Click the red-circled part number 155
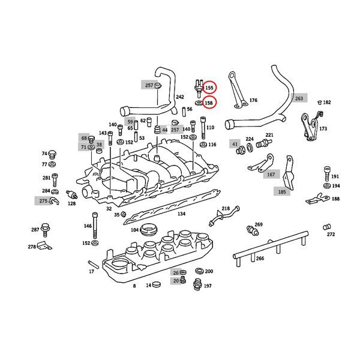click(209, 88)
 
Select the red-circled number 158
click(209, 103)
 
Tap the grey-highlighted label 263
click(299, 97)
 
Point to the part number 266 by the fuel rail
click(260, 259)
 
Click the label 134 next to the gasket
click(181, 212)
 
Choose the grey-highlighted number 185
click(281, 192)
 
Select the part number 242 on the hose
click(179, 97)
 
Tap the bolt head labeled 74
click(52, 153)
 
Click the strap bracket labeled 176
click(236, 91)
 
